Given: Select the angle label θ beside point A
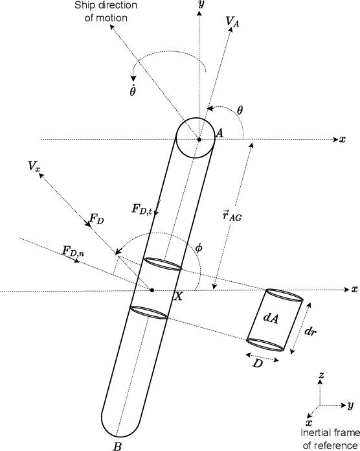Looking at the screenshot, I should pos(240,110).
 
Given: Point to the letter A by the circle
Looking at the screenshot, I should pos(219,133).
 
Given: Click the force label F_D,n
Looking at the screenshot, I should pos(73,249).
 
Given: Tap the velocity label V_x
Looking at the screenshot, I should pos(34,166).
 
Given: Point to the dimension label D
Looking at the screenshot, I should pos(258,365).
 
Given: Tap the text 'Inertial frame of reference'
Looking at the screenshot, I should pos(328,438).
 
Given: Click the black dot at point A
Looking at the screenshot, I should pos(199,139).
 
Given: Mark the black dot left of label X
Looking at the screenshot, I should pos(152,290).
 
